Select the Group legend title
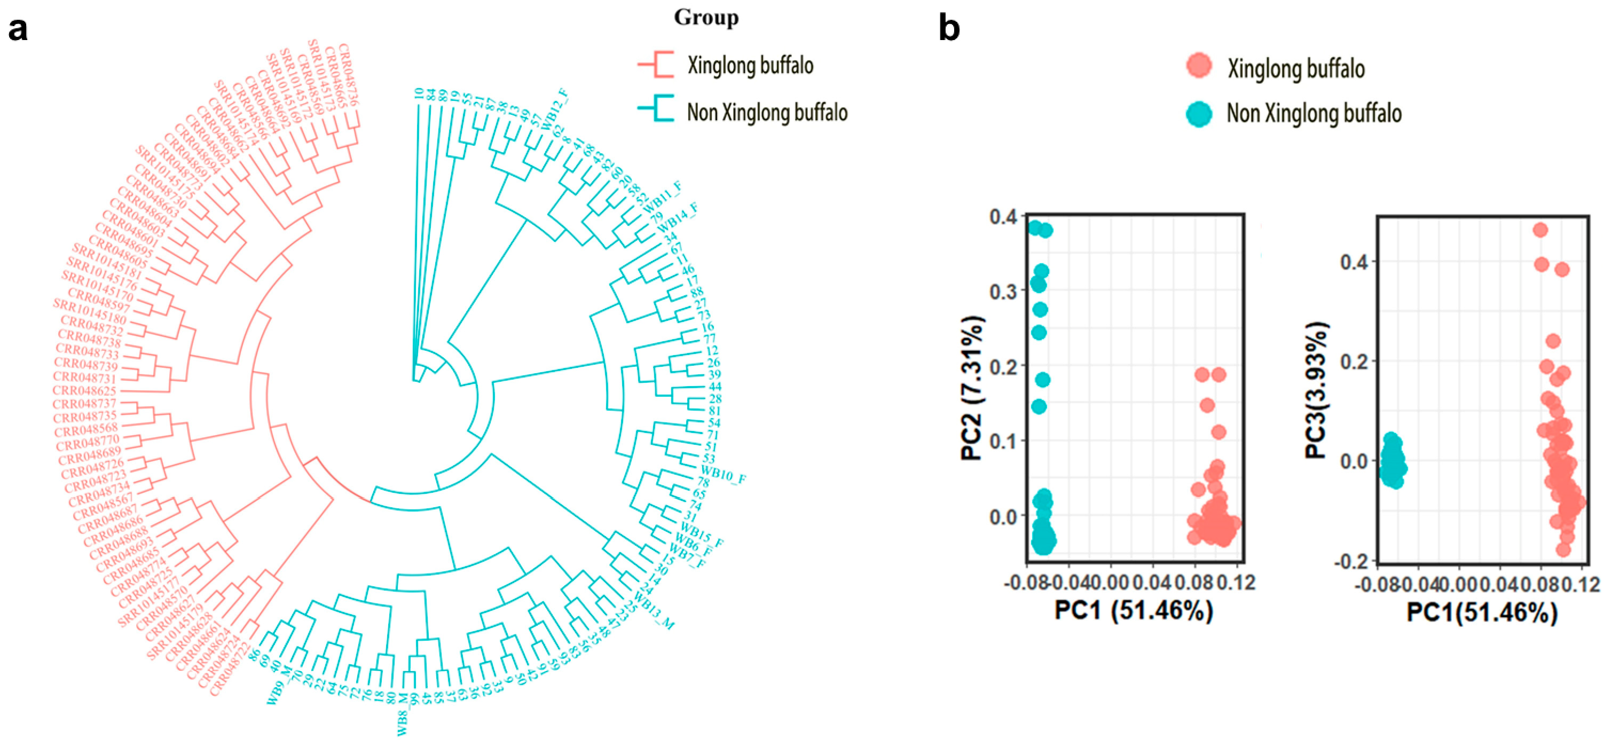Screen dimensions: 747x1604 pyautogui.click(x=706, y=18)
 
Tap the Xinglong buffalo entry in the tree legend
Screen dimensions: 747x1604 pyautogui.click(x=750, y=65)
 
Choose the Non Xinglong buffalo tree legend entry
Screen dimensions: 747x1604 pyautogui.click(x=767, y=113)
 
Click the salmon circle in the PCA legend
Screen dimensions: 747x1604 pyautogui.click(x=1199, y=65)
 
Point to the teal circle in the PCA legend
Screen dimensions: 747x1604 pyautogui.click(x=1199, y=113)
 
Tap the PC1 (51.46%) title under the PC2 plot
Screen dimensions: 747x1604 pyautogui.click(x=1133, y=611)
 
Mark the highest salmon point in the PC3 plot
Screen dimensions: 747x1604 pyautogui.click(x=1540, y=230)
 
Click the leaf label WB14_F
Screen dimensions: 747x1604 pyautogui.click(x=678, y=215)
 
